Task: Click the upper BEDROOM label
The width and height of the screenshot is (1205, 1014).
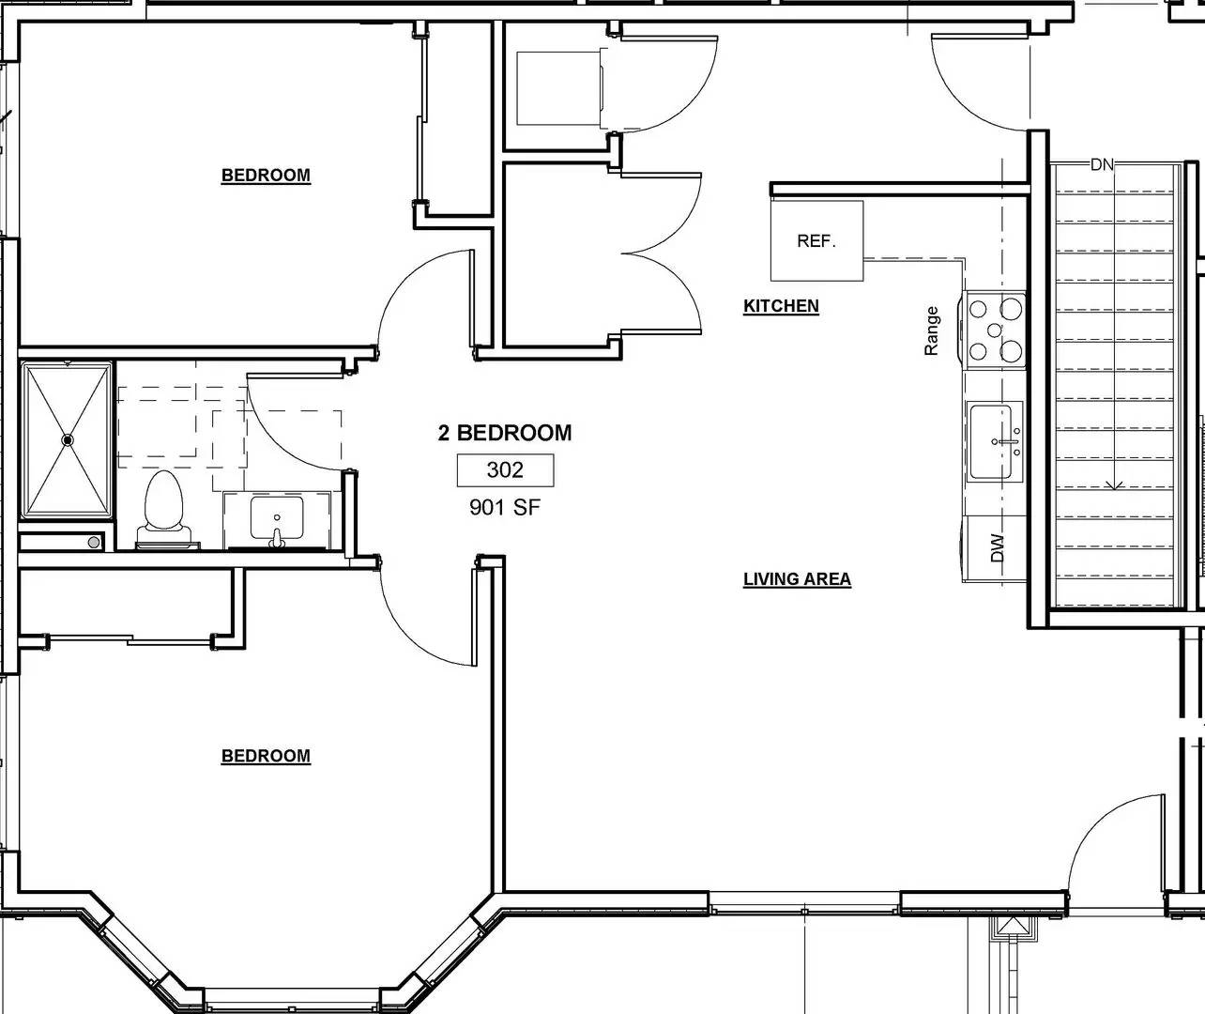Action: click(x=266, y=176)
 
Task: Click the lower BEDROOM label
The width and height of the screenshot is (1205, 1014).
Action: click(x=266, y=756)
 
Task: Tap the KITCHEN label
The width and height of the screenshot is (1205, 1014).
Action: click(x=781, y=306)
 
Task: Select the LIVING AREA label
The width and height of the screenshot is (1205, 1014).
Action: click(x=797, y=579)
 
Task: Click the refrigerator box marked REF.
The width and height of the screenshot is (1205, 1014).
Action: click(x=816, y=241)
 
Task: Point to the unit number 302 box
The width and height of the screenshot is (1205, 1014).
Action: click(x=505, y=470)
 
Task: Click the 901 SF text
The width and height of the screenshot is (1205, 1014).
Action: click(x=505, y=508)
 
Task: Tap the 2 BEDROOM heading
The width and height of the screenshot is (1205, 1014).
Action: click(x=505, y=433)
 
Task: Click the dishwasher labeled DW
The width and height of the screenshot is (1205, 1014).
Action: click(x=997, y=549)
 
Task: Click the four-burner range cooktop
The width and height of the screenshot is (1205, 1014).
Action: click(x=995, y=329)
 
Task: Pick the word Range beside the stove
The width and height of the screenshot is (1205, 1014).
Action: click(x=932, y=331)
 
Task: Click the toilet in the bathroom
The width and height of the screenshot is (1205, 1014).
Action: click(x=164, y=507)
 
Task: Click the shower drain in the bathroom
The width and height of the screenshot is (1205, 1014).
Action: click(x=68, y=439)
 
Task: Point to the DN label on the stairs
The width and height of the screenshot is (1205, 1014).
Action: click(x=1102, y=165)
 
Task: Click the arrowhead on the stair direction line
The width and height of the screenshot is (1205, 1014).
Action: click(x=1114, y=485)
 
